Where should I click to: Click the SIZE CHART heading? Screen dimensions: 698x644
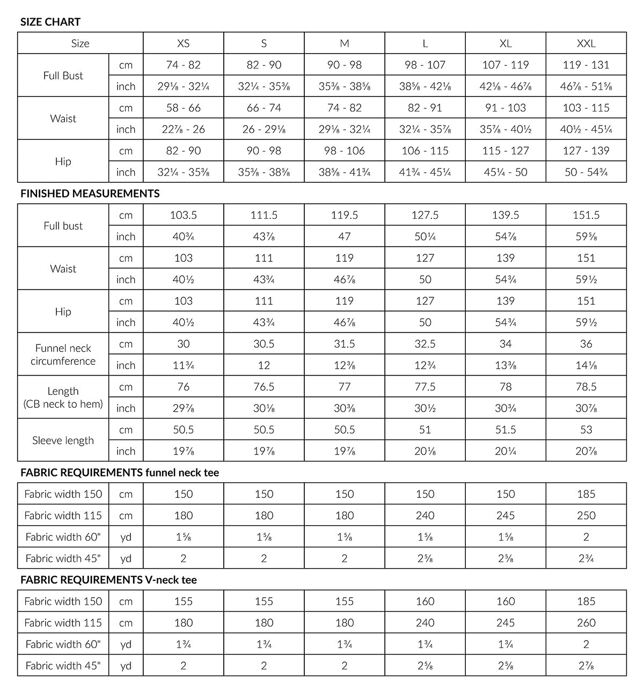point(50,22)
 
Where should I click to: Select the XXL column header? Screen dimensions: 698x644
point(586,43)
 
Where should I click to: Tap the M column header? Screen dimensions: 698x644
point(345,43)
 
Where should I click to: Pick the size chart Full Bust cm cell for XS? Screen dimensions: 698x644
point(184,65)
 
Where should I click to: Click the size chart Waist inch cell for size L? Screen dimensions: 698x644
point(425,129)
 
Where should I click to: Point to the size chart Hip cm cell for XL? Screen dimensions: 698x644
point(506,151)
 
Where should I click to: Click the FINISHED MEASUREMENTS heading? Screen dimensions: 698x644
point(90,194)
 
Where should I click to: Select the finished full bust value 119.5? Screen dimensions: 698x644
point(345,215)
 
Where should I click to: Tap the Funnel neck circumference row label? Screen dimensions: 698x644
point(63,355)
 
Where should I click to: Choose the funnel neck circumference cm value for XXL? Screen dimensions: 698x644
point(586,344)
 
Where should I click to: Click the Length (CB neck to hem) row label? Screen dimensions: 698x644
point(63,398)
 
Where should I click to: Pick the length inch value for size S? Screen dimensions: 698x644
point(264,408)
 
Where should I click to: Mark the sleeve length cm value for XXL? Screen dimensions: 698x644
point(586,430)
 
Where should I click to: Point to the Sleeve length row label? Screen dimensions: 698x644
point(63,440)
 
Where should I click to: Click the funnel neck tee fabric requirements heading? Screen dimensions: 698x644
point(120,473)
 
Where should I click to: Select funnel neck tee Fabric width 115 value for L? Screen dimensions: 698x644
point(425,516)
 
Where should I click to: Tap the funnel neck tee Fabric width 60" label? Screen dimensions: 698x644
point(63,537)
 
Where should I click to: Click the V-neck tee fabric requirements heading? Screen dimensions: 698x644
point(108,580)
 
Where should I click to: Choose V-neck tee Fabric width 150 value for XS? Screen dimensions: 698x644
point(184,601)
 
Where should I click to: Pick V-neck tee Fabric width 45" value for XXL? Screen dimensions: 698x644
point(586,666)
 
